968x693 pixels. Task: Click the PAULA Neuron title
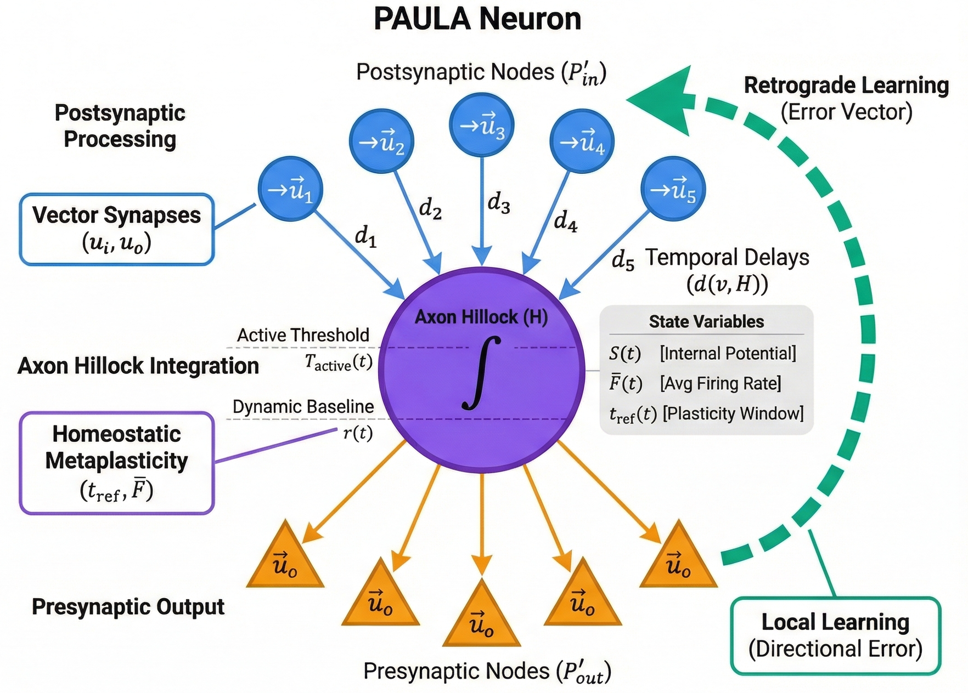click(477, 19)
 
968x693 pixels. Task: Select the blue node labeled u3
click(481, 125)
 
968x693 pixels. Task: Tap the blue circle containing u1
click(290, 189)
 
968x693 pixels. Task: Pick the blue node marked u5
click(672, 189)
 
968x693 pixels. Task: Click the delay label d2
click(430, 209)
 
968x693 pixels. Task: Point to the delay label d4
click(565, 221)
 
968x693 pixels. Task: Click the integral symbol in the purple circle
click(481, 373)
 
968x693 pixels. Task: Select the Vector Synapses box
click(116, 229)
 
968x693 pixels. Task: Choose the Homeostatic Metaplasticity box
click(116, 463)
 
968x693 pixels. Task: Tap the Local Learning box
click(835, 635)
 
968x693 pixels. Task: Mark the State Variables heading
click(706, 321)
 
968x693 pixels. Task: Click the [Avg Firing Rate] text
click(720, 383)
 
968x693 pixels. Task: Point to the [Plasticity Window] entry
click(733, 413)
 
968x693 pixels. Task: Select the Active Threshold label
click(303, 335)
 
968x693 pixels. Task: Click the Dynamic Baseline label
click(303, 407)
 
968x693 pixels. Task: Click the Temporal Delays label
click(727, 258)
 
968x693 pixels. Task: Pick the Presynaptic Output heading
click(128, 607)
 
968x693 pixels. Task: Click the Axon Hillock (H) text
click(481, 317)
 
